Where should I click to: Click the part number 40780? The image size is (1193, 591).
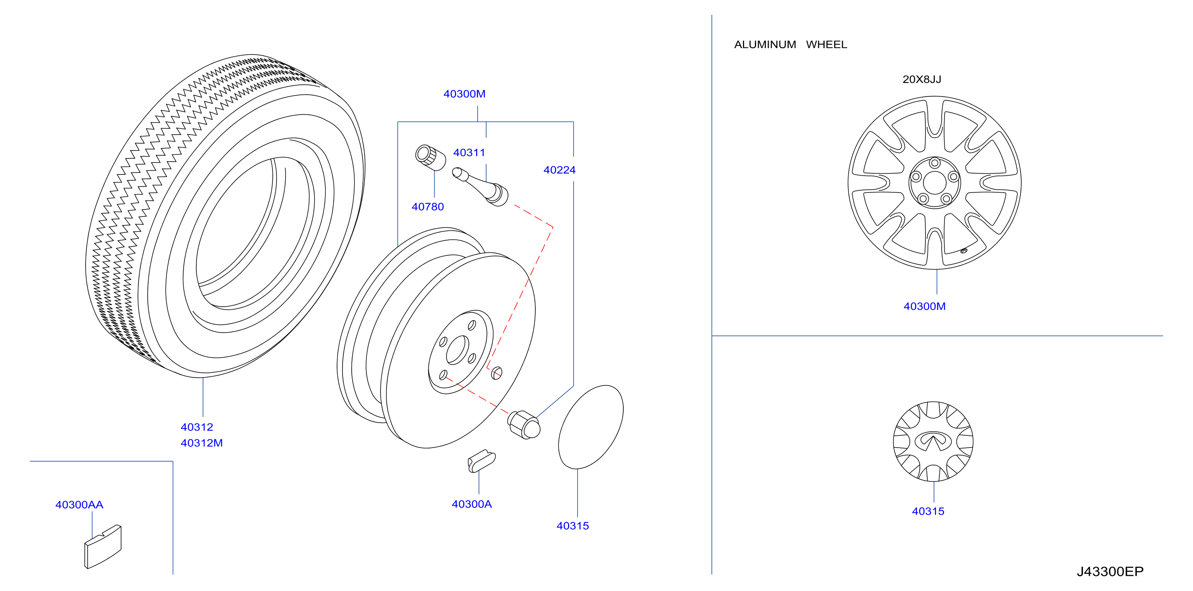[x=427, y=207]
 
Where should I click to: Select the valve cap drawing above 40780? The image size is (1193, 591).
[x=430, y=157]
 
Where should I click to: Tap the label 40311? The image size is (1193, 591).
[x=469, y=153]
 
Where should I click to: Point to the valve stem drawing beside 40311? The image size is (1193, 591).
[x=480, y=186]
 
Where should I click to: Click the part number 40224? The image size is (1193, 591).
[x=559, y=170]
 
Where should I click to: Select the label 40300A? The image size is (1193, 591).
[x=472, y=504]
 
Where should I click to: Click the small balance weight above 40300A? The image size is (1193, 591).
[x=481, y=461]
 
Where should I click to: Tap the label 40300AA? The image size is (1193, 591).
[x=79, y=505]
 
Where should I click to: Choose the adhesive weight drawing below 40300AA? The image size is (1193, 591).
[x=103, y=546]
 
